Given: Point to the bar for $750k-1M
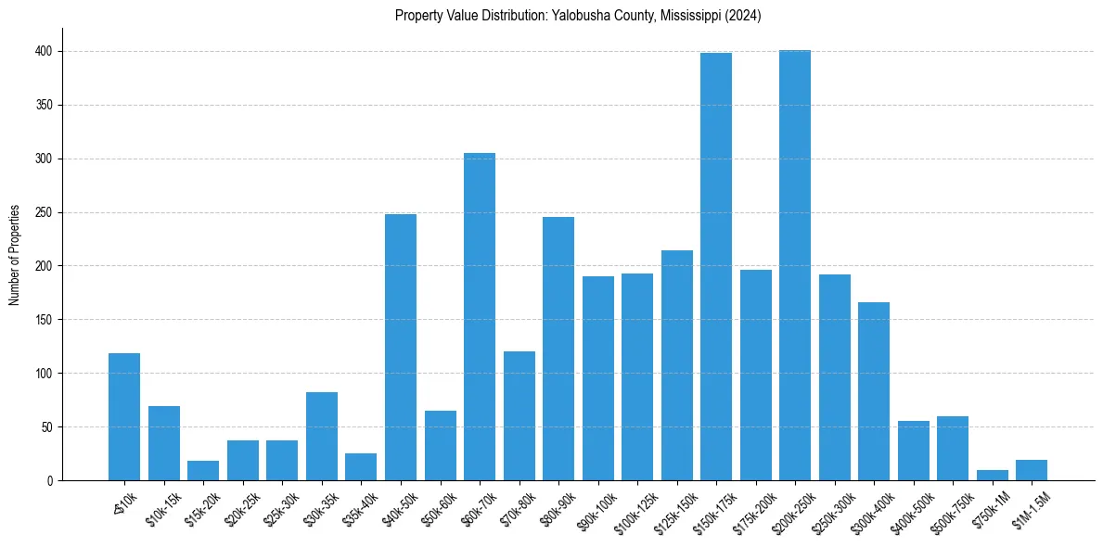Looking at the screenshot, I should pyautogui.click(x=993, y=476).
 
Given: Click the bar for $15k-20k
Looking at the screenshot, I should pyautogui.click(x=203, y=471).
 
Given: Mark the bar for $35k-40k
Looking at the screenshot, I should pyautogui.click(x=361, y=467).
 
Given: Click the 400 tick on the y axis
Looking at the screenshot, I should pyautogui.click(x=47, y=52).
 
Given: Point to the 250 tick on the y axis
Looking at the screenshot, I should pyautogui.click(x=47, y=212).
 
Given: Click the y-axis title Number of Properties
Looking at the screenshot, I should pyautogui.click(x=15, y=255).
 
